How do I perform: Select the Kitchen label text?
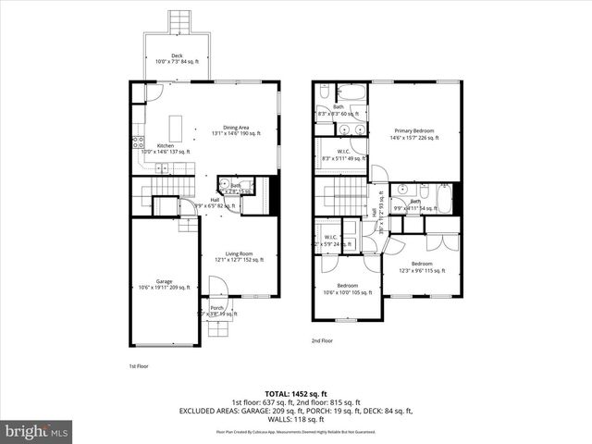[x=166, y=146]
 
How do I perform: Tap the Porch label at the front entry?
[x=216, y=308]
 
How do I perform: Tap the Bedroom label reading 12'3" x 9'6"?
[x=422, y=265]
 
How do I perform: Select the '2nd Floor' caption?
[x=323, y=341]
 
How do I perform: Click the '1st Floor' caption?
[x=138, y=366]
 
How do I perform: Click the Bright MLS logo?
[x=36, y=431]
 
